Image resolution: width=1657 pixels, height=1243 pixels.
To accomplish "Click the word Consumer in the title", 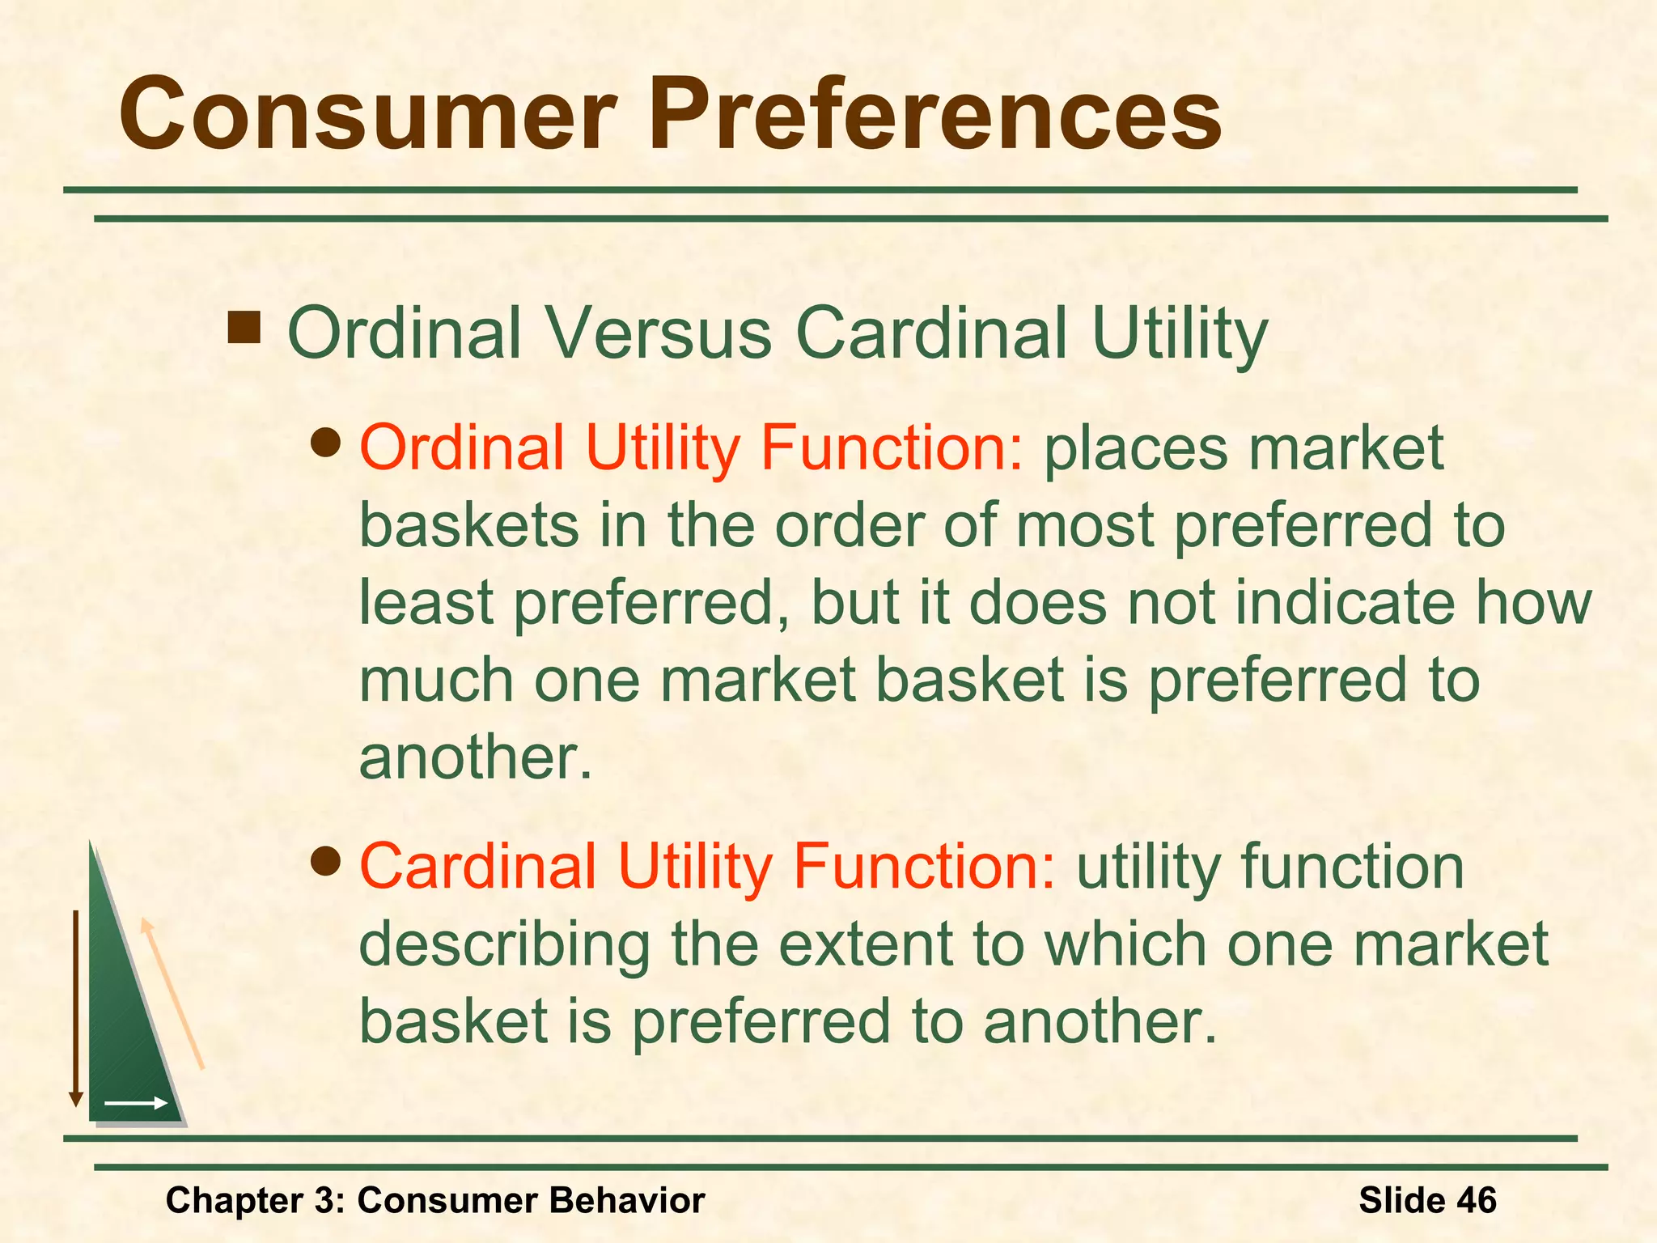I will coord(368,115).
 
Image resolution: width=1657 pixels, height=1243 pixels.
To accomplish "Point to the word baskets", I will coord(469,525).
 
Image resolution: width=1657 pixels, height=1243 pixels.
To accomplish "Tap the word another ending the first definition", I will coord(475,758).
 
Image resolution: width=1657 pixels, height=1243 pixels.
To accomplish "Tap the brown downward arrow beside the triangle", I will coord(76,1008).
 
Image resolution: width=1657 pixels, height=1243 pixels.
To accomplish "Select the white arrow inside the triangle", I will coord(136,1103).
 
